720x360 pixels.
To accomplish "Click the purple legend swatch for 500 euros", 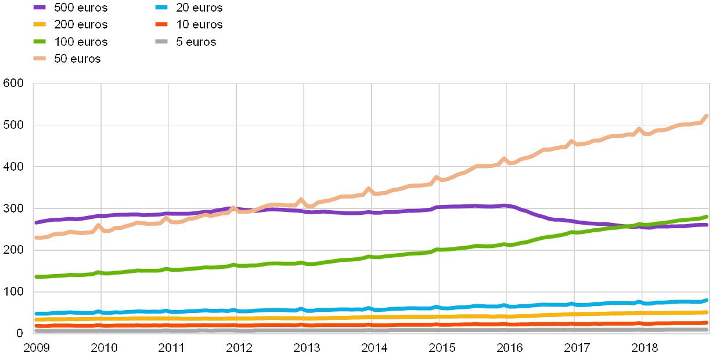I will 39,8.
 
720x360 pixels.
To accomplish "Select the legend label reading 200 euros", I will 81,24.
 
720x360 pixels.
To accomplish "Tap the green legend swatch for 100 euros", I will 39,42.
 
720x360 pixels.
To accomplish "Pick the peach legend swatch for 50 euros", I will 39,59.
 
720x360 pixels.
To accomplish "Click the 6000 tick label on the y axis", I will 13,84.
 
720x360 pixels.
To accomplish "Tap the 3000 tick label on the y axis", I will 13,208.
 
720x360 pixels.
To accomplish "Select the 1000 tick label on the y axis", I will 13,291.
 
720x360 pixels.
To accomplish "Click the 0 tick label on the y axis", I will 19,333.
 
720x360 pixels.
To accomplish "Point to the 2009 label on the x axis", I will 36,348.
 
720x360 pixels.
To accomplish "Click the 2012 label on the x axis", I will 239,348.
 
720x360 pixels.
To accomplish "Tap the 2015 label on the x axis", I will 442,348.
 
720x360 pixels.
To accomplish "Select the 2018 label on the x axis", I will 645,348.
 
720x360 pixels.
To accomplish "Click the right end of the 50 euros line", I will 707,116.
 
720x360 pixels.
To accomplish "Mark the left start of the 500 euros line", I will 35,222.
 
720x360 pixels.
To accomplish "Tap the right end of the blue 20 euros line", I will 707,300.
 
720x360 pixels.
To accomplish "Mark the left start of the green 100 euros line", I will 35,277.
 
